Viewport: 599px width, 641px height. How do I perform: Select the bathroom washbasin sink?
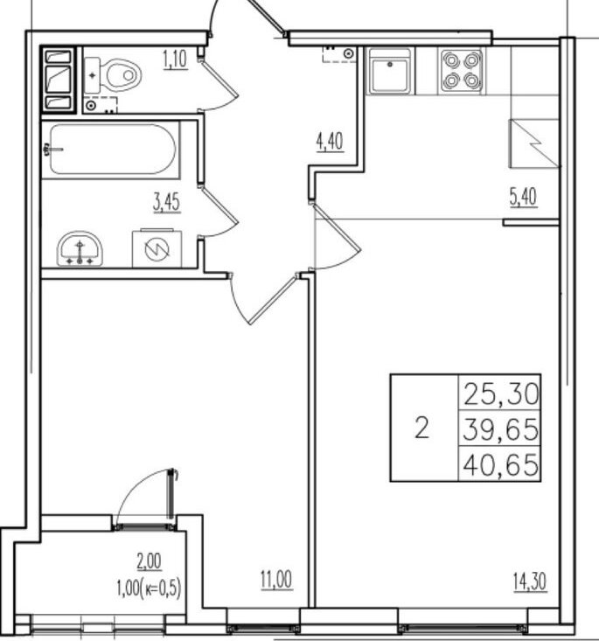(80, 249)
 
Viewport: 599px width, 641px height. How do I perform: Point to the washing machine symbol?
(157, 248)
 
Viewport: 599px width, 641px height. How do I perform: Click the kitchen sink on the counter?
(390, 71)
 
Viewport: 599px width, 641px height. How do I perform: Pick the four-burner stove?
(462, 71)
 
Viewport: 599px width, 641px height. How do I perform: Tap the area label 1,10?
(175, 59)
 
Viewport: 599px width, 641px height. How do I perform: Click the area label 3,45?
(166, 203)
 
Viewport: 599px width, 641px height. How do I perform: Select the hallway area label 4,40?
(330, 143)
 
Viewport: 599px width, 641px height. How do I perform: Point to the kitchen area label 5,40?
(524, 198)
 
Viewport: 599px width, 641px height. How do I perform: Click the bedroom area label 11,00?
(277, 580)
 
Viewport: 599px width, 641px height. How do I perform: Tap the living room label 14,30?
(530, 582)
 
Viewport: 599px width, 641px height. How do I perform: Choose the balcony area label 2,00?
(150, 561)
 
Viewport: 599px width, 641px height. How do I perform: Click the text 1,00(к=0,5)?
(149, 589)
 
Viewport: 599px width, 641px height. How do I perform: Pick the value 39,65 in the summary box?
(501, 429)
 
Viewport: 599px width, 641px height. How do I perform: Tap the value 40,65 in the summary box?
(501, 465)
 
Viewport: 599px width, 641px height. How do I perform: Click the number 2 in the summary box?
(422, 428)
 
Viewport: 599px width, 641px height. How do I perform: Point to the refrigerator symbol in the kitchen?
(534, 143)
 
